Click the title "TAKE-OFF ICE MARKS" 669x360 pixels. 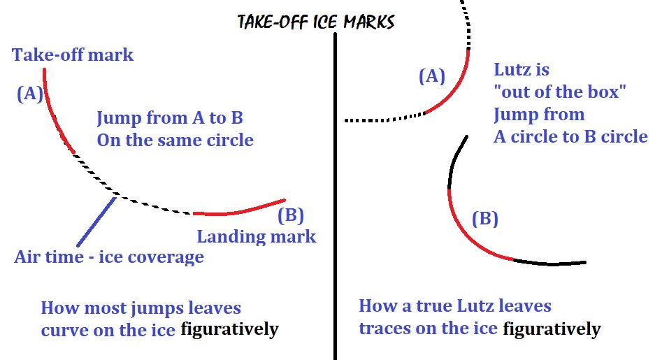click(316, 22)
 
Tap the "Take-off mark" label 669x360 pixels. click(73, 55)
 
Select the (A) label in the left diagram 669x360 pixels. click(30, 94)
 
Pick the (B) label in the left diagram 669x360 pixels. click(291, 215)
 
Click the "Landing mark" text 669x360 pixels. click(256, 236)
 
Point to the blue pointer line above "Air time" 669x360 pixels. click(95, 222)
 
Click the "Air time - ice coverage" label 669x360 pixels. click(109, 257)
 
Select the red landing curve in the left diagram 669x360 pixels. click(238, 210)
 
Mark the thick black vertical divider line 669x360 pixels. click(337, 196)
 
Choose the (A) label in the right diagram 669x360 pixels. click(431, 76)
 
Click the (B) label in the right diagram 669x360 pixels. click(484, 219)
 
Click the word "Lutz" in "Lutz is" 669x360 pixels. click(511, 70)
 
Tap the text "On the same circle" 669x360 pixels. click(175, 140)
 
